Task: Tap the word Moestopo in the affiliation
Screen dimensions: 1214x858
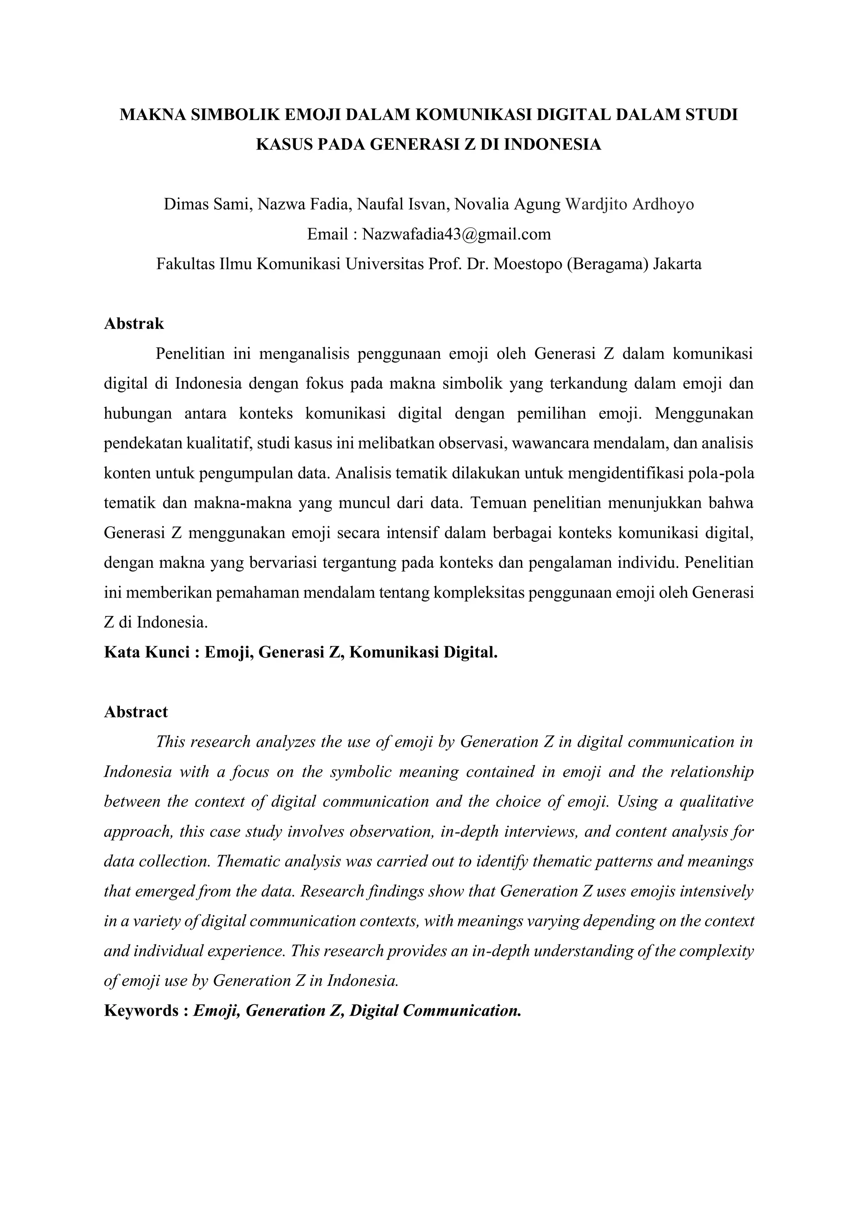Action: coord(527,263)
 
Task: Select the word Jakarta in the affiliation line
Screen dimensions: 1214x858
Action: coord(677,263)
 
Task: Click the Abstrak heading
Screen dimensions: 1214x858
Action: coord(134,324)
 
